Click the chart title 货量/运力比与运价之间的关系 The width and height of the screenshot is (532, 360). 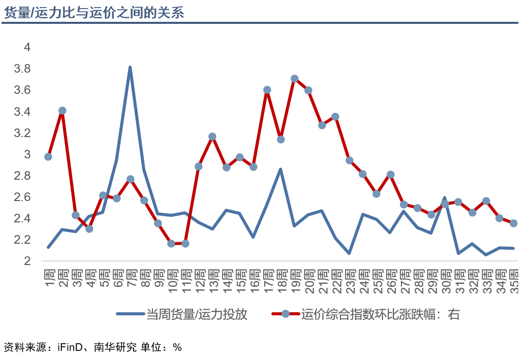click(93, 12)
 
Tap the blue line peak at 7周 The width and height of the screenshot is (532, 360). click(130, 67)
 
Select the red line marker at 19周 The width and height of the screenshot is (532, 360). click(294, 79)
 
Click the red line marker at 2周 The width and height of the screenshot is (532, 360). click(62, 111)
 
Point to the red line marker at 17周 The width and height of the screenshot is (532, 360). click(267, 90)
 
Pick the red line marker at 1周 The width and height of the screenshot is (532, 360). click(48, 156)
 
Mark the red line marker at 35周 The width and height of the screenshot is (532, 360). click(514, 223)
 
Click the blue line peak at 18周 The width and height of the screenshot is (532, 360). click(280, 169)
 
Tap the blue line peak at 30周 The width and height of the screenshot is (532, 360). click(445, 198)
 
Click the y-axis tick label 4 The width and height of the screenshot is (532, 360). click(27, 47)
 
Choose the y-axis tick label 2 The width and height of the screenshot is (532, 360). click(27, 261)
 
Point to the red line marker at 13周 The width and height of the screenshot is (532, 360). click(212, 137)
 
